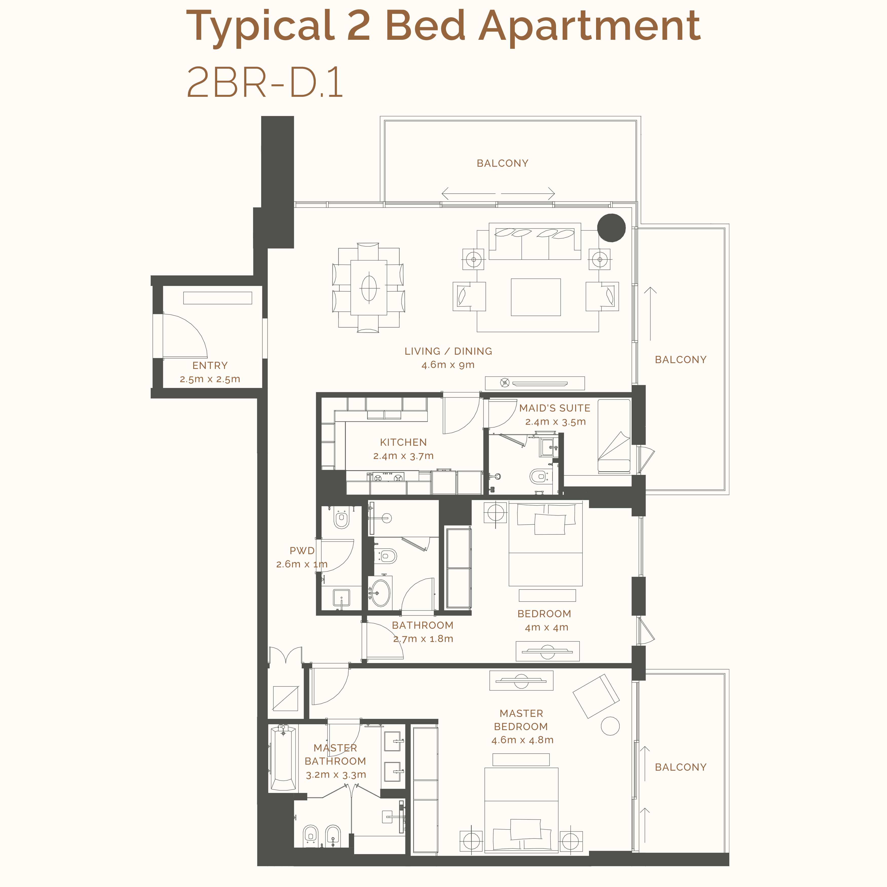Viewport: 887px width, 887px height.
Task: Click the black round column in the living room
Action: pyautogui.click(x=611, y=228)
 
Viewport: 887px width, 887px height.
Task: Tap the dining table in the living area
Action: pyautogui.click(x=369, y=287)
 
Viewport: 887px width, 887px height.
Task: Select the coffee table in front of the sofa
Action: pyautogui.click(x=536, y=297)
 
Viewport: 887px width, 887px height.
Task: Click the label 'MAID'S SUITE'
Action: pyautogui.click(x=555, y=408)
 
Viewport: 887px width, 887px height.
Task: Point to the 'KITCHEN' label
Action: pyautogui.click(x=403, y=442)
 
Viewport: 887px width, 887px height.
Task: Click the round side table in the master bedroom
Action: pyautogui.click(x=610, y=726)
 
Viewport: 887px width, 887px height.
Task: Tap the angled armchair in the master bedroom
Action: pyautogui.click(x=596, y=696)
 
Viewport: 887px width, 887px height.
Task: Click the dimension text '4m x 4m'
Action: pyautogui.click(x=546, y=627)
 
